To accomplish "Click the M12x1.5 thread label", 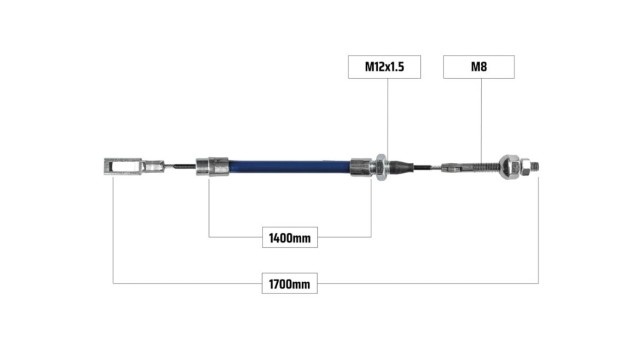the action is pos(384,67).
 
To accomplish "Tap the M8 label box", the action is pos(479,67).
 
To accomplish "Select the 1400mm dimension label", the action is pos(290,238).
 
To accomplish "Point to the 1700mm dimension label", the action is pos(289,284).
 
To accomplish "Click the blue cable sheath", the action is pos(289,167).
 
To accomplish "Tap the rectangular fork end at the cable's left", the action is pos(123,167).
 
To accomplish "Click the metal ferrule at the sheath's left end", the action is pos(212,166).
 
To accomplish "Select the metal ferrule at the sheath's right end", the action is pos(361,167).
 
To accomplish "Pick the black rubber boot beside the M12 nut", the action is pos(401,167).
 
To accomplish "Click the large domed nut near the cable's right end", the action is pos(509,167).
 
